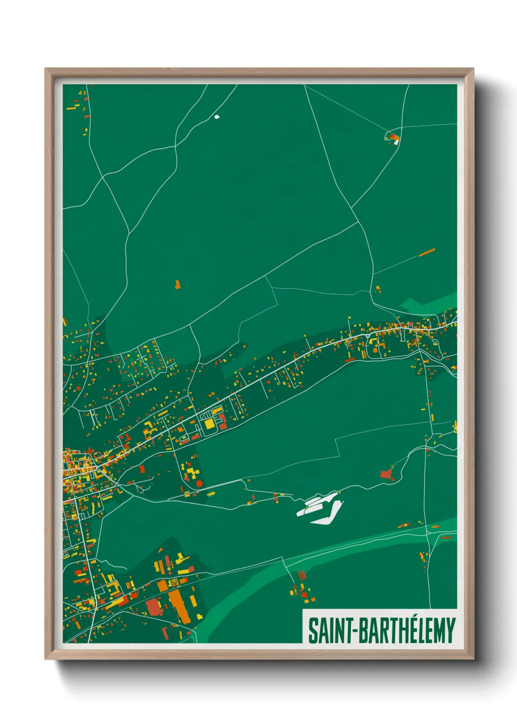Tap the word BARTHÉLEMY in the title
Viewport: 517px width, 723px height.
coord(407,631)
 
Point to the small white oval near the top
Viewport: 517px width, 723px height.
coord(217,117)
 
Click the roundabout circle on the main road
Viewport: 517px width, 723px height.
coord(367,336)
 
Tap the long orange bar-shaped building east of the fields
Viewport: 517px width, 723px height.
coord(427,252)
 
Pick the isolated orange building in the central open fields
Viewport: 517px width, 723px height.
coord(177,284)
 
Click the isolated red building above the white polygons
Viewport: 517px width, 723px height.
coord(387,473)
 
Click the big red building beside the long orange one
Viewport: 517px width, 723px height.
coord(153,607)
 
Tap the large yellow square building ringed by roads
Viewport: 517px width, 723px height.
coord(210,424)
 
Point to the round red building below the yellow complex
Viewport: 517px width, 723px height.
coord(199,483)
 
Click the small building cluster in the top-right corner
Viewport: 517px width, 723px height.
coord(393,138)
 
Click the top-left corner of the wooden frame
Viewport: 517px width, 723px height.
coord(46,69)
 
